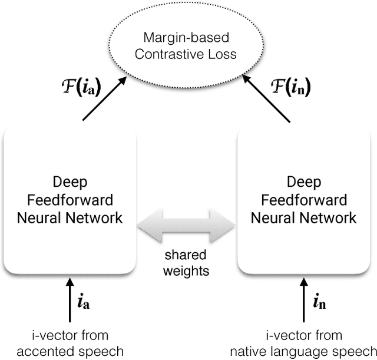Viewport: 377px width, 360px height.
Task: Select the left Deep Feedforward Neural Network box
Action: [70, 200]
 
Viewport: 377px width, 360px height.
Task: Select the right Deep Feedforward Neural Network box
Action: [303, 200]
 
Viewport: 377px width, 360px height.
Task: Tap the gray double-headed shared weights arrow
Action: [186, 225]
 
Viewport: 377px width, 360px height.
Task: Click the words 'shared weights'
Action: [186, 264]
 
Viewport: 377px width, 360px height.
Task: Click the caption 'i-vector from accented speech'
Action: [70, 344]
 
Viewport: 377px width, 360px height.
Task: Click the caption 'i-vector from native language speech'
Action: [303, 344]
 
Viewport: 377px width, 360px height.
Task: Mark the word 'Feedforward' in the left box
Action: [70, 200]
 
